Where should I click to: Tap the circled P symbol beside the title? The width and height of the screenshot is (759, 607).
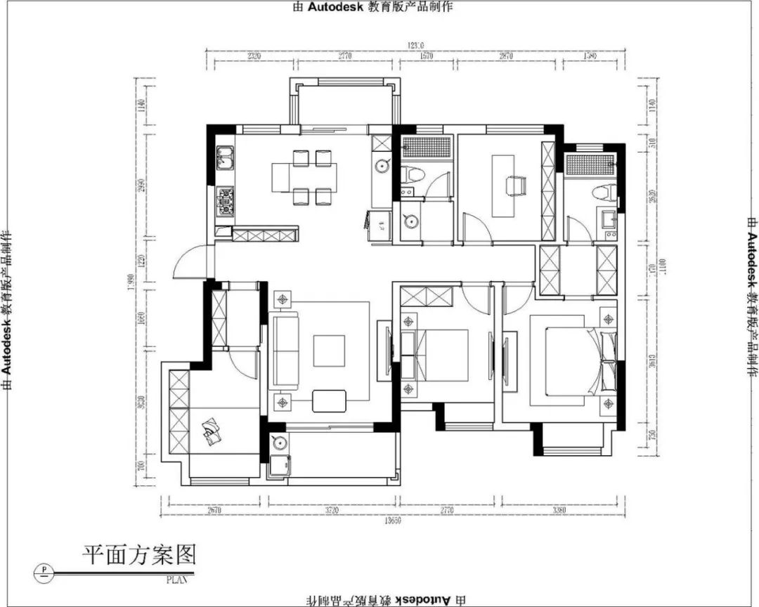click(x=45, y=570)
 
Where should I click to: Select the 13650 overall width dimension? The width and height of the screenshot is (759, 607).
click(x=393, y=521)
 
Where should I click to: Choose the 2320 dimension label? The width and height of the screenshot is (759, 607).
click(x=251, y=56)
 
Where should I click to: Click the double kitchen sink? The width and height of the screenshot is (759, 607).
click(x=225, y=159)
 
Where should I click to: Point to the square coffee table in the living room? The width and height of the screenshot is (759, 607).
click(x=368, y=349)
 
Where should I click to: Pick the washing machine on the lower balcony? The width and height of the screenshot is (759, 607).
click(x=279, y=466)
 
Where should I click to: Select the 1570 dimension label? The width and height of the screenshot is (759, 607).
click(x=427, y=56)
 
